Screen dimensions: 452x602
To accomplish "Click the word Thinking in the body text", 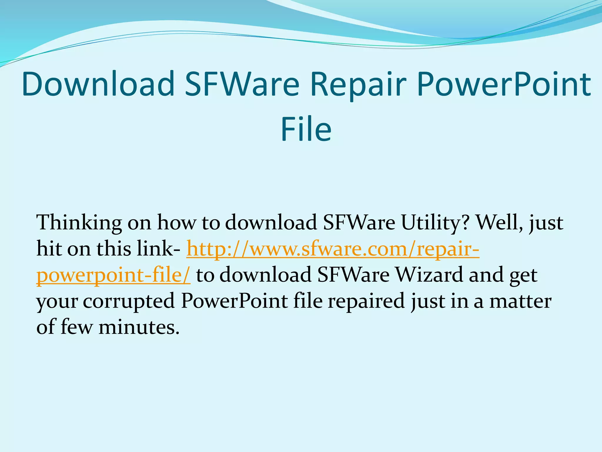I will (x=79, y=223).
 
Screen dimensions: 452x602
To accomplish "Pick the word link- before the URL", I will (x=158, y=249).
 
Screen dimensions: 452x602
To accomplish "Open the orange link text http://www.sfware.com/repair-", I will (x=333, y=249).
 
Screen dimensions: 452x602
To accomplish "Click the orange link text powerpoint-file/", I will (x=113, y=275).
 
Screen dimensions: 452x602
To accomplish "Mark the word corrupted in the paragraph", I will (x=129, y=301).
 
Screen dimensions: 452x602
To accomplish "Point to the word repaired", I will (x=366, y=301).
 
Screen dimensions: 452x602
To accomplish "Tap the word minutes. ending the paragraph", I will (x=139, y=327).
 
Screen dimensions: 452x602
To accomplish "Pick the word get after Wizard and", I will (x=523, y=275).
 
